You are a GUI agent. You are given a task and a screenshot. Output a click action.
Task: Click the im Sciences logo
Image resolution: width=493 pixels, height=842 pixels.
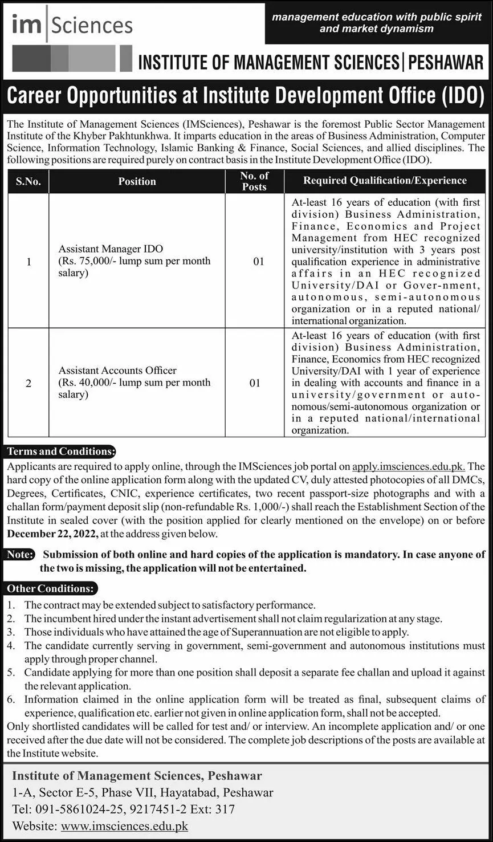tap(72, 26)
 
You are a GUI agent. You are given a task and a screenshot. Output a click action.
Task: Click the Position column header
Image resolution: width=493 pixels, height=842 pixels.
tap(137, 181)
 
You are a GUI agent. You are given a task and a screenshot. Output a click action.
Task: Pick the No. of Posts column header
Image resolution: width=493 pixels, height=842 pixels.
tap(254, 181)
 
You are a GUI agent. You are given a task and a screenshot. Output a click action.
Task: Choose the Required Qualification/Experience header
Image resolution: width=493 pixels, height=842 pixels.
tap(385, 181)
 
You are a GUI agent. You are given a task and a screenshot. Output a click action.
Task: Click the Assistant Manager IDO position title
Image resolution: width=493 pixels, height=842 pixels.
tap(111, 249)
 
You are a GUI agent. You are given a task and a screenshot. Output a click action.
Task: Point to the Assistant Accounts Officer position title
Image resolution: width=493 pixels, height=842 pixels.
tap(117, 371)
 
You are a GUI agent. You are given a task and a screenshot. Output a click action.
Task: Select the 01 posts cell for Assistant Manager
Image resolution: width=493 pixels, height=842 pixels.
tap(259, 262)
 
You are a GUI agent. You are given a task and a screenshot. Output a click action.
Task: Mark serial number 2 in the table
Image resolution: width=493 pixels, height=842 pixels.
tap(28, 383)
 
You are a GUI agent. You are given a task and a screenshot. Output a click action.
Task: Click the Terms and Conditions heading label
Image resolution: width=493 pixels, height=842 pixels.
tap(59, 451)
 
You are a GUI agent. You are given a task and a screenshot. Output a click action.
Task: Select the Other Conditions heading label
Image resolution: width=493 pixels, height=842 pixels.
tap(51, 588)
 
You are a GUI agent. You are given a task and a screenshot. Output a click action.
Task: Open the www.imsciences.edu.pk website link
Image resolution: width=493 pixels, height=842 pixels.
tap(124, 826)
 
